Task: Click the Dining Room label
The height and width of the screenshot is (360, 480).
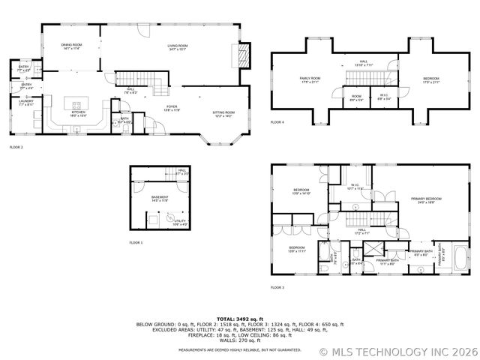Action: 71,46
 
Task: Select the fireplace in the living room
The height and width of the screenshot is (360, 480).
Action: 241,54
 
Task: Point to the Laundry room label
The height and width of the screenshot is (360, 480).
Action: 25,103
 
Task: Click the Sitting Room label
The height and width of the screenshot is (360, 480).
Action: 223,113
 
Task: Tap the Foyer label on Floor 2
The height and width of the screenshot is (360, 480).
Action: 172,108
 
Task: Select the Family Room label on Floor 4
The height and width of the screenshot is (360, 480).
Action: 310,79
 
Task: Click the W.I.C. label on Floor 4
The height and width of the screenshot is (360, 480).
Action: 382,96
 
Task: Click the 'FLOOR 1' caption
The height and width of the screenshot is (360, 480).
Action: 135,243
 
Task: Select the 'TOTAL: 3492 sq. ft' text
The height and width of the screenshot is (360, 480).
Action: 239,319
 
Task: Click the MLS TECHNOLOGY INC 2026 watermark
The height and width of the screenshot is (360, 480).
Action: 398,351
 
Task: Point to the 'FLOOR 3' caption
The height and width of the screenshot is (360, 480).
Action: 277,287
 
